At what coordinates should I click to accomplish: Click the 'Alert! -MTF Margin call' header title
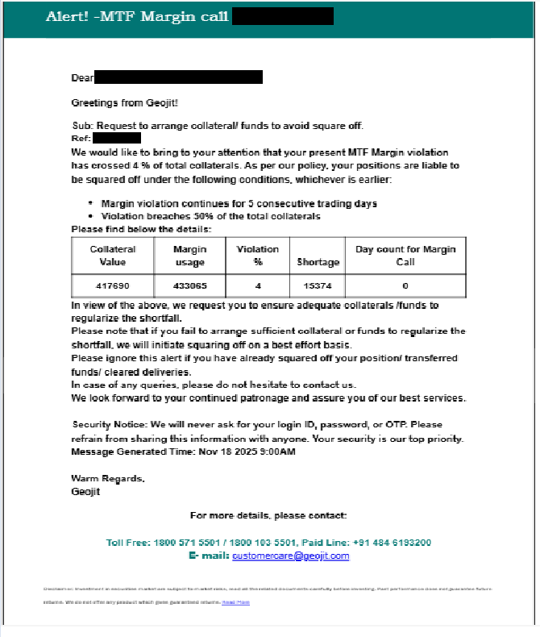coord(137,17)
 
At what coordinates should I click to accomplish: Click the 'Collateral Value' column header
coord(113,256)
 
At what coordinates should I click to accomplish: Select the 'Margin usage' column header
coord(189,256)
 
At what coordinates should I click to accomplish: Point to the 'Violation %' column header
coord(258,256)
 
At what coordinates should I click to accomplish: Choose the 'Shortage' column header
coord(318,262)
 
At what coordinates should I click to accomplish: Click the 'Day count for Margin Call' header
coord(405,256)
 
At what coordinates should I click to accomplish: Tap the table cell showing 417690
coord(113,286)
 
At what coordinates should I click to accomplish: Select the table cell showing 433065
coord(189,286)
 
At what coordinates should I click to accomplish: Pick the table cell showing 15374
coord(318,286)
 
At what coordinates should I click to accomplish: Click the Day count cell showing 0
coord(405,286)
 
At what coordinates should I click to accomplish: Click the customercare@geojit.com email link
coord(290,556)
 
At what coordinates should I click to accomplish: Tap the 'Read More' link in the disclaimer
coord(236,602)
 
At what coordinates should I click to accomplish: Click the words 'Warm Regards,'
coord(108,479)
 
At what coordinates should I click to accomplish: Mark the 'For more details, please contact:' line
coord(268,515)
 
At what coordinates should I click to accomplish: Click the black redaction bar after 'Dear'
coord(179,77)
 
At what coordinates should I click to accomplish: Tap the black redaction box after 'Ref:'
coord(117,138)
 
